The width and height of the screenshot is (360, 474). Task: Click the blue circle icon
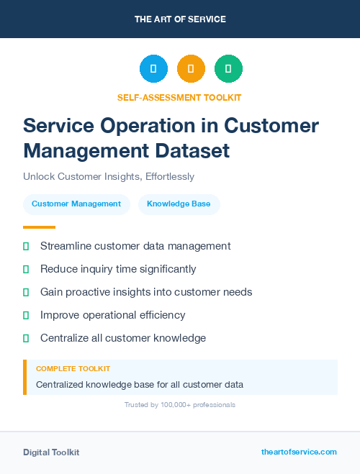coord(153,68)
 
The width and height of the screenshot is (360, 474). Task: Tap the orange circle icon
coord(191,68)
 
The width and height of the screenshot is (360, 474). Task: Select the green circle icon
coord(228,68)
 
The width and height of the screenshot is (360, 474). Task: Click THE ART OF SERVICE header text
coord(180,19)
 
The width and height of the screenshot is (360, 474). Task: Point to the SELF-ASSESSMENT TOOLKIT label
coord(180,97)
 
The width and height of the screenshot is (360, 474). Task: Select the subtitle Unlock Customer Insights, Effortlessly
coord(109,176)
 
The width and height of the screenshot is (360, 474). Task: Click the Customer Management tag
coord(76,204)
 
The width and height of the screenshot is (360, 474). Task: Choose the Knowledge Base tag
coord(179,204)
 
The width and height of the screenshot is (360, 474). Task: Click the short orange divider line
coord(39,227)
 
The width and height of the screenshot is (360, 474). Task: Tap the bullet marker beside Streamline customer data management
coord(26,246)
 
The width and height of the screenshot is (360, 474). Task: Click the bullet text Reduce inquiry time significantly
coord(118,269)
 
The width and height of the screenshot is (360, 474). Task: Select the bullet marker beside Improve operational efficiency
coord(26,315)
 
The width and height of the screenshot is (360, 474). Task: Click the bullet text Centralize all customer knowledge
coord(123,338)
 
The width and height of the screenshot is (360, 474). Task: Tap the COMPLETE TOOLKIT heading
coord(73,368)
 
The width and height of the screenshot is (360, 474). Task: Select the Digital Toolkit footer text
coord(51,452)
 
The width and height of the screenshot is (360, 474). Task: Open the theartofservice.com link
coord(299,452)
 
